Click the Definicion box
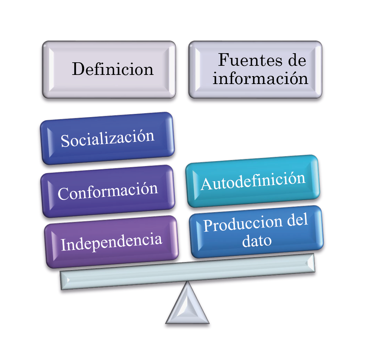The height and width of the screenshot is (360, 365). point(109,70)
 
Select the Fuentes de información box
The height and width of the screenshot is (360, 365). point(255,70)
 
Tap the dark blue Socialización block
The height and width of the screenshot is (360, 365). point(107,138)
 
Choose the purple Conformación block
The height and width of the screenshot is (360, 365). point(108,191)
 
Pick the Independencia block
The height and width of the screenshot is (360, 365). point(111,242)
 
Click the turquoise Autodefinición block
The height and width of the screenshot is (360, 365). point(252,181)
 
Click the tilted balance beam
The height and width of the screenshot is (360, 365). point(187,272)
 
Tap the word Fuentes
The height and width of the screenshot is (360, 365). point(251,60)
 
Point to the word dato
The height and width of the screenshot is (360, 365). point(257,241)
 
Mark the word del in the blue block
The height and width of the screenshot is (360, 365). point(297,220)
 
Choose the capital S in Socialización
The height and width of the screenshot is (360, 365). point(65,141)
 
